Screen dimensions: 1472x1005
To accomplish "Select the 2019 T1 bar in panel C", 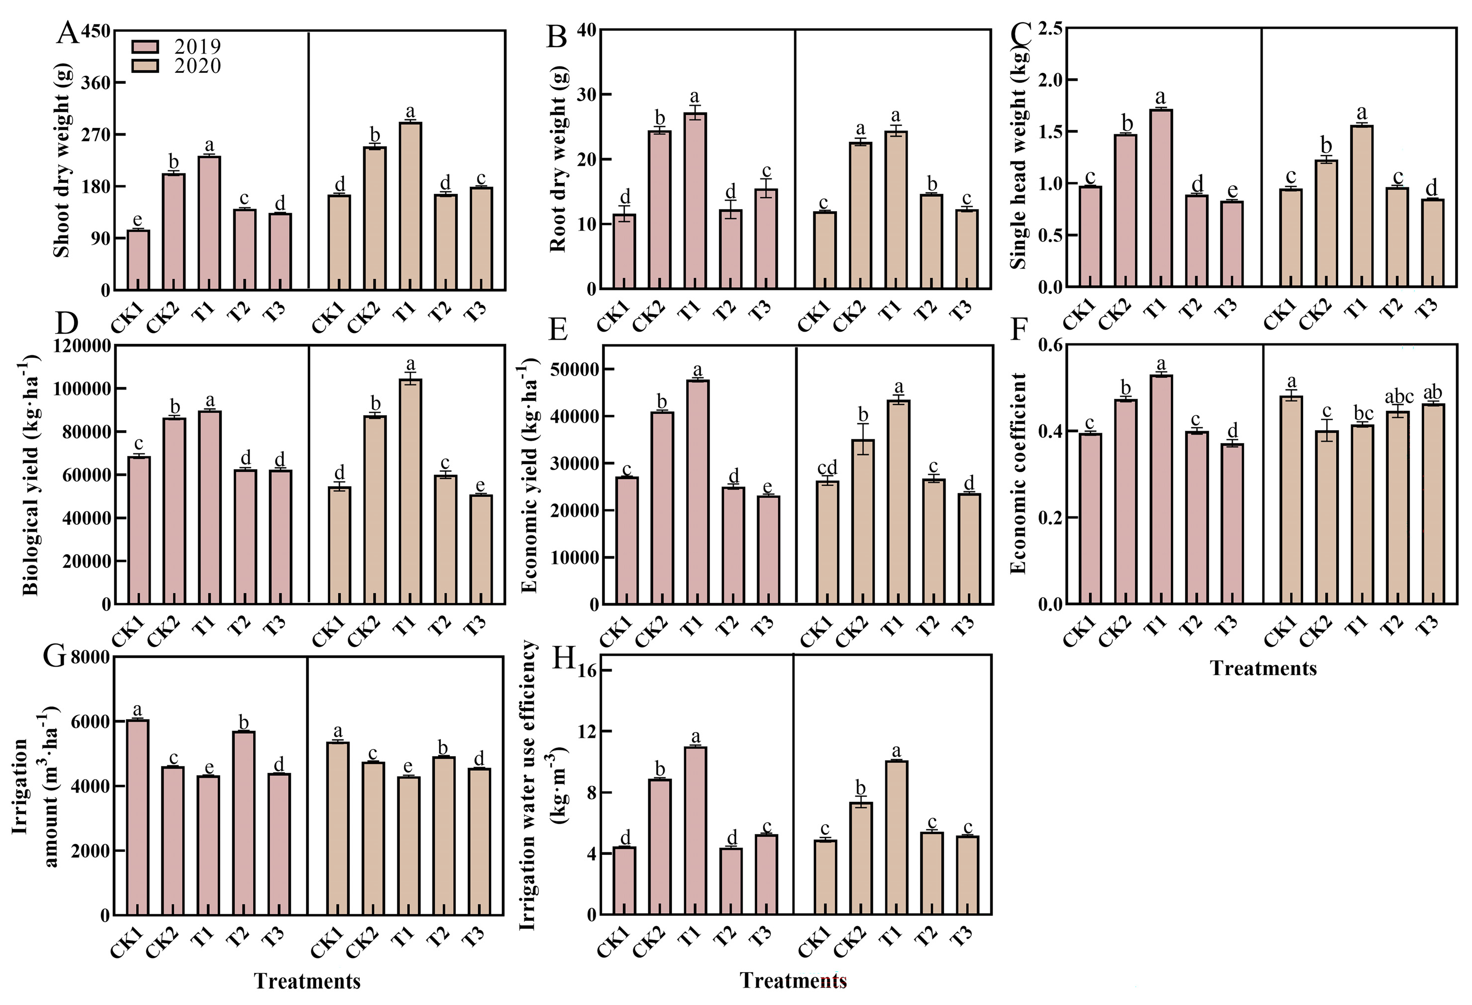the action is coord(1161,198).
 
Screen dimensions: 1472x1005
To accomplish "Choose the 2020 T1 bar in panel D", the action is coord(410,491).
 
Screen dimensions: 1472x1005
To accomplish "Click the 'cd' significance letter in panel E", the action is coord(826,467).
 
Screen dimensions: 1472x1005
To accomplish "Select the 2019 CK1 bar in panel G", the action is coord(138,818).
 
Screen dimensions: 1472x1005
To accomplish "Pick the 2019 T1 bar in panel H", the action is coord(696,831).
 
